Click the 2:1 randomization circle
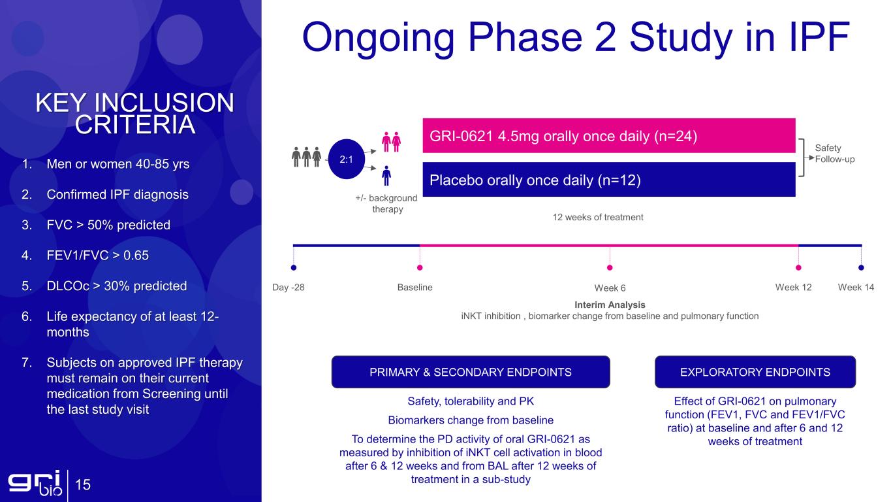tap(346, 159)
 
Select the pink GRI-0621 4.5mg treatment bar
tap(608, 135)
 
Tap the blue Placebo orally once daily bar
tap(608, 179)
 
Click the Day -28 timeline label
tap(288, 287)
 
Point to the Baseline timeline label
tap(414, 287)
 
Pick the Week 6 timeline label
tap(610, 288)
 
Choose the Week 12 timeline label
tap(793, 287)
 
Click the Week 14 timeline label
tap(856, 287)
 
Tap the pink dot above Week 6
tap(610, 268)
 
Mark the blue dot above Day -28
tap(294, 268)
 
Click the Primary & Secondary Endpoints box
tap(471, 372)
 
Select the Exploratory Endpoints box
tap(755, 372)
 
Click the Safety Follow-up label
tap(834, 154)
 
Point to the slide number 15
tap(83, 484)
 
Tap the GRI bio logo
tap(35, 483)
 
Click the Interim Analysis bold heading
tap(610, 305)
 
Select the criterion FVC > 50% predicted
tap(108, 225)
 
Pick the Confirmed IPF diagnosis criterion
tap(117, 194)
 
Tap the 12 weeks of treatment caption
tap(598, 217)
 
